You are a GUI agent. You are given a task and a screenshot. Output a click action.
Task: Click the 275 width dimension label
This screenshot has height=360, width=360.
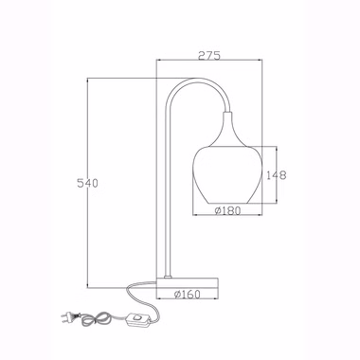(x=208, y=55)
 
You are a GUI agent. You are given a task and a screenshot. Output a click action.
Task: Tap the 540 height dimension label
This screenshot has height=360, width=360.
(x=88, y=183)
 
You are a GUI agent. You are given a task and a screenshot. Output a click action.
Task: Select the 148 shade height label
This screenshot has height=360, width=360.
(x=277, y=175)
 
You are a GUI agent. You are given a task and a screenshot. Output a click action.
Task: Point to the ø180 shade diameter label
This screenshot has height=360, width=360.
(x=227, y=210)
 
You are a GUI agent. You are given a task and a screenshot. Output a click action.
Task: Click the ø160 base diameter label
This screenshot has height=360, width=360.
(x=188, y=295)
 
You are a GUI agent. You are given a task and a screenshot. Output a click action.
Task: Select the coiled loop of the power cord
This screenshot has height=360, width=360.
(x=97, y=319)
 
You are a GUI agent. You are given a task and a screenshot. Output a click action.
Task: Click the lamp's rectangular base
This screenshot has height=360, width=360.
(x=188, y=282)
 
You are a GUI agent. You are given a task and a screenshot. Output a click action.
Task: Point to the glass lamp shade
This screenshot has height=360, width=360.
(x=227, y=175)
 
